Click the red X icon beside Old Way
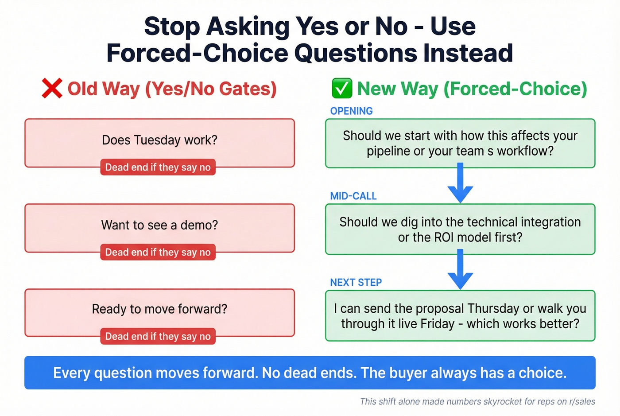click(52, 88)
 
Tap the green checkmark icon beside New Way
click(341, 88)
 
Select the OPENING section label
click(351, 111)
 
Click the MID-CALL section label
click(353, 196)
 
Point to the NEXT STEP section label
click(356, 283)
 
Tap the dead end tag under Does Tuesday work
click(158, 167)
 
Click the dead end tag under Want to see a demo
click(158, 253)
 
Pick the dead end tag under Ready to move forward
click(158, 337)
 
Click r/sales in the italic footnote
click(582, 402)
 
